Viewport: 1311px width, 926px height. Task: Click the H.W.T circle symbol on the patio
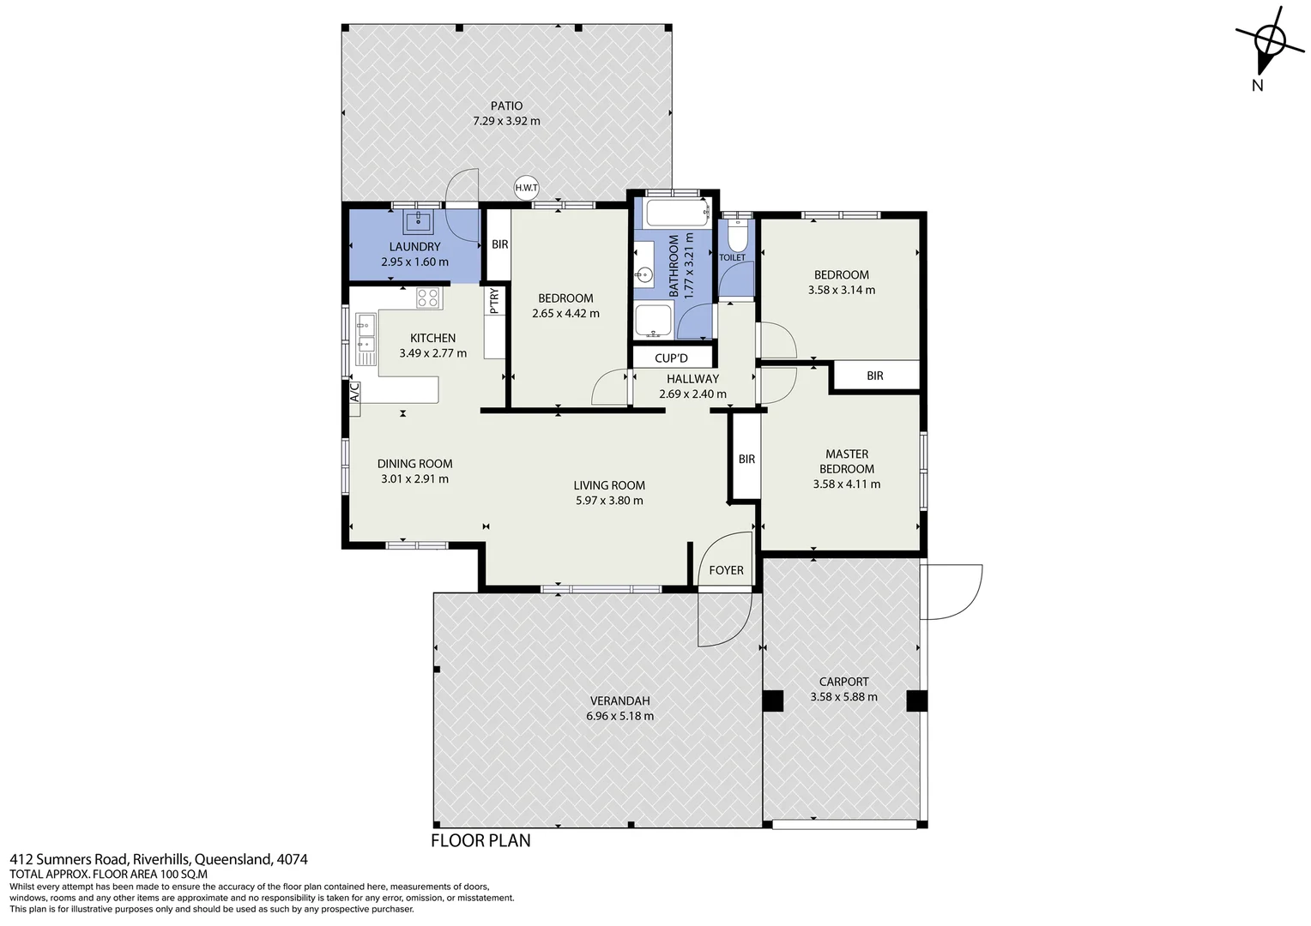(x=526, y=188)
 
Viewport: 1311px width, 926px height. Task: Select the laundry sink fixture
(x=419, y=221)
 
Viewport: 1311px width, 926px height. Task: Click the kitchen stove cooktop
(x=428, y=298)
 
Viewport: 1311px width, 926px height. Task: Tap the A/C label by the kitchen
(x=354, y=392)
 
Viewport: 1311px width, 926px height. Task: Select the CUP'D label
(x=671, y=358)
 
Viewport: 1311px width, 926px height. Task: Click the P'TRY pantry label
(x=494, y=301)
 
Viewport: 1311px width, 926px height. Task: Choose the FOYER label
(x=726, y=570)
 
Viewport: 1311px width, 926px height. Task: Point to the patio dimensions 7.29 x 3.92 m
(x=506, y=121)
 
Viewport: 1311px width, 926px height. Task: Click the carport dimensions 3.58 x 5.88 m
(x=843, y=697)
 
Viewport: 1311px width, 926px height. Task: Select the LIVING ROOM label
(x=609, y=485)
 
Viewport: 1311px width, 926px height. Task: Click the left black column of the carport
(x=773, y=701)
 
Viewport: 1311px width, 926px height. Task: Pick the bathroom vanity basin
(x=643, y=276)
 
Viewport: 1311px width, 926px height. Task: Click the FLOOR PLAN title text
(x=480, y=840)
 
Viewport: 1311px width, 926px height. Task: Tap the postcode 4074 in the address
(x=293, y=859)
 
